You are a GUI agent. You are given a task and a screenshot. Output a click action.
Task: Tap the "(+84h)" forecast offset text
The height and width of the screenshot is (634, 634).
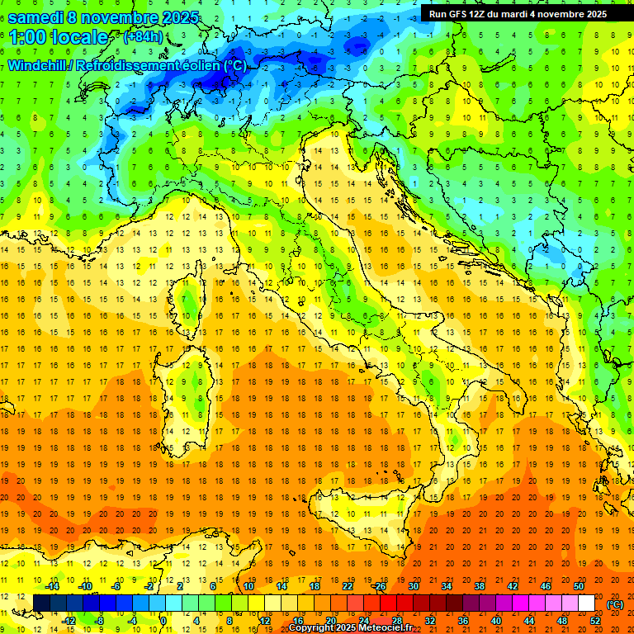pos(143,36)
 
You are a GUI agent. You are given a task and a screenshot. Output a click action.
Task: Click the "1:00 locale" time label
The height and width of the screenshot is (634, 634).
pos(58,37)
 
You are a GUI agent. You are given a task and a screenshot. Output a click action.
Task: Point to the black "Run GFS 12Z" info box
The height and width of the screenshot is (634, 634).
pos(518,13)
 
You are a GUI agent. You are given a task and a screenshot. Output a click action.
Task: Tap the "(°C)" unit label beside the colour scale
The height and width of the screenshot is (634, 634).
pos(615,604)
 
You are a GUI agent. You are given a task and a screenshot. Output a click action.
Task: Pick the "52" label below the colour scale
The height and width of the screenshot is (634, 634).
pos(594,621)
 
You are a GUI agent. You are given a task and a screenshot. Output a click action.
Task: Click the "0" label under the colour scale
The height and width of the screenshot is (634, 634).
pos(163,621)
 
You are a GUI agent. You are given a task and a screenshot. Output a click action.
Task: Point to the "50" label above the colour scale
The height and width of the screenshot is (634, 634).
pos(578,586)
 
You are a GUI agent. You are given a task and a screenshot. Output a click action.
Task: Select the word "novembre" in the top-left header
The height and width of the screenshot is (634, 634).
pos(114,17)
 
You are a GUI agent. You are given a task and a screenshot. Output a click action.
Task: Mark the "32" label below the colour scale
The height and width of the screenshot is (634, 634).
pos(429,621)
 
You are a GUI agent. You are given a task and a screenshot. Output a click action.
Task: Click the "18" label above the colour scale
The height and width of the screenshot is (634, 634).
pos(314,586)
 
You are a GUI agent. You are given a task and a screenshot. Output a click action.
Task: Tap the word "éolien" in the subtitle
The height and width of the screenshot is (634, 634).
pos(198,65)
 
